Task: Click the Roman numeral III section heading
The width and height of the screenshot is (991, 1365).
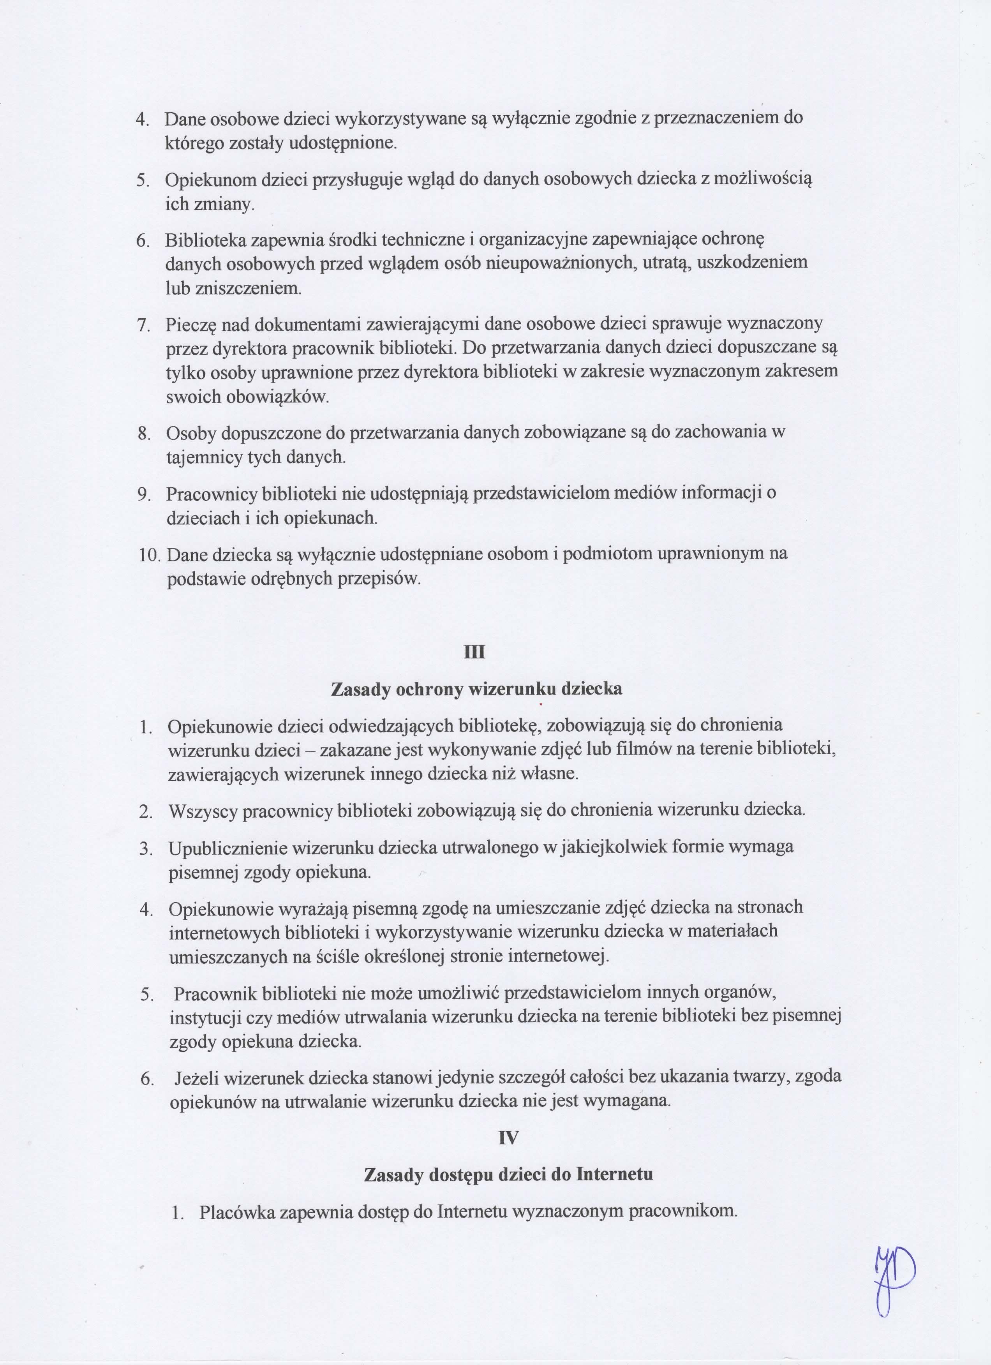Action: (475, 653)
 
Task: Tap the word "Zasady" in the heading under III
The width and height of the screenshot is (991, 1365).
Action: (360, 689)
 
